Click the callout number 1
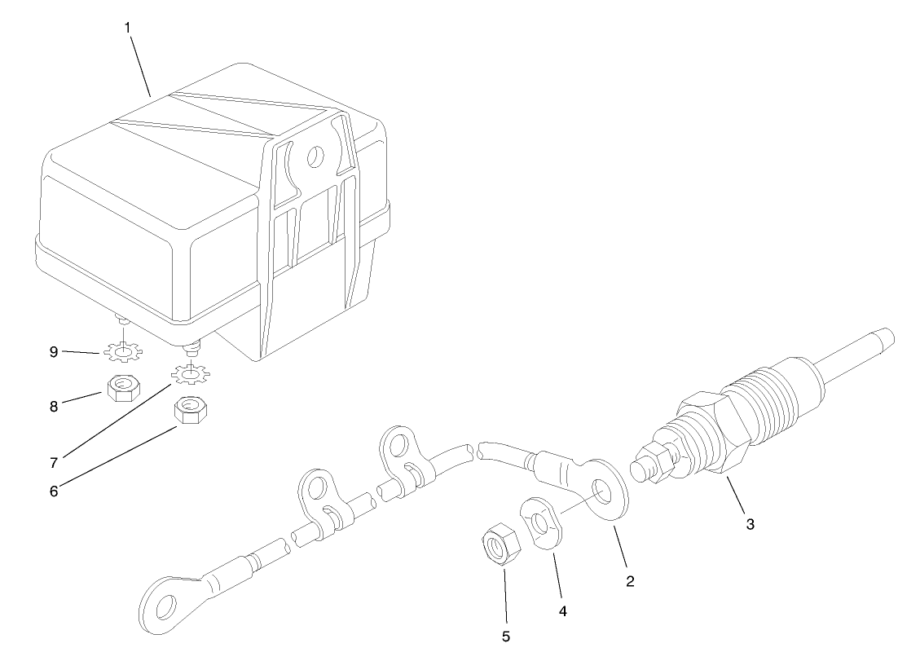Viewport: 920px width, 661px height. tap(127, 27)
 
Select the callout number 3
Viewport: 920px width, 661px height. tap(750, 524)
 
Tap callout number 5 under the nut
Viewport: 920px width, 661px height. tap(506, 636)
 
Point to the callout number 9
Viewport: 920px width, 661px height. tap(53, 352)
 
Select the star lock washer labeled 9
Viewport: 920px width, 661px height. tap(123, 353)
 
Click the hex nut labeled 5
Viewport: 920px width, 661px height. tap(496, 544)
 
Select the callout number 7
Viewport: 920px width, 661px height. tap(53, 461)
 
